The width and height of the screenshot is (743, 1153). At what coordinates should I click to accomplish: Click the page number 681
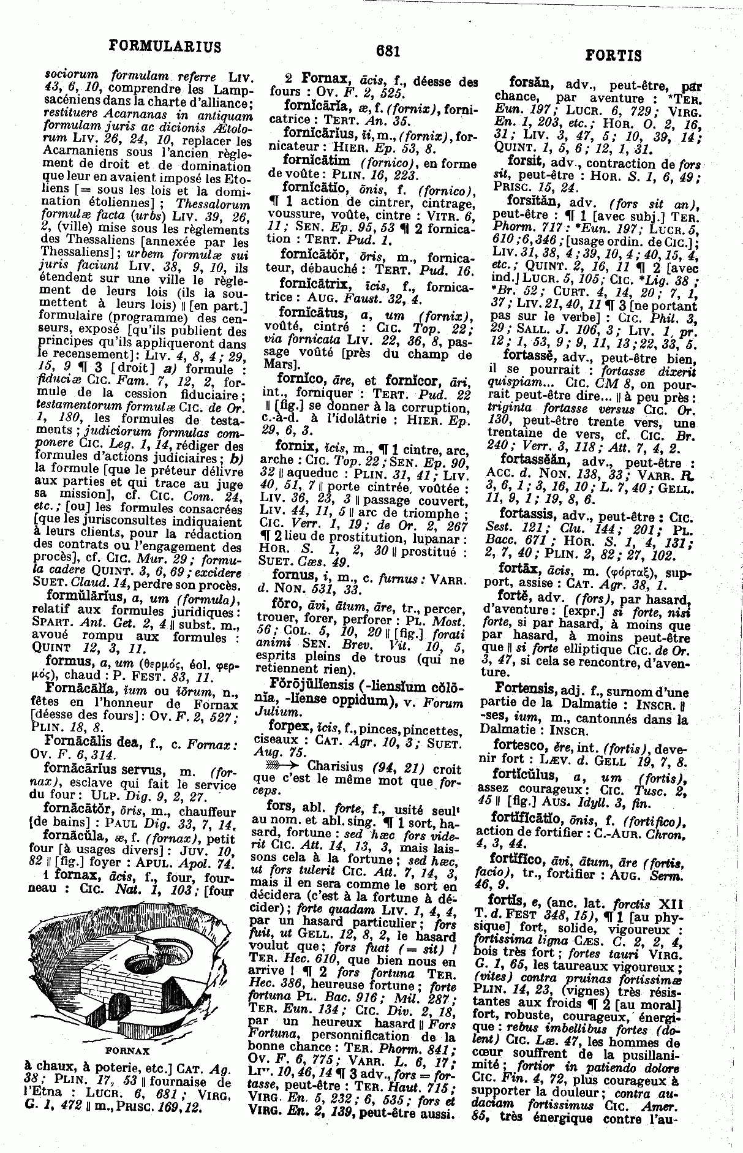(388, 51)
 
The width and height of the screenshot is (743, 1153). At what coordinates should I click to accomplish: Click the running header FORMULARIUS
(164, 47)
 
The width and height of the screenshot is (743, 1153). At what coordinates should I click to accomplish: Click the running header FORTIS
(613, 56)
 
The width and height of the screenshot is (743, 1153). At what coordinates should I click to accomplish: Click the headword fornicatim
(316, 160)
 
